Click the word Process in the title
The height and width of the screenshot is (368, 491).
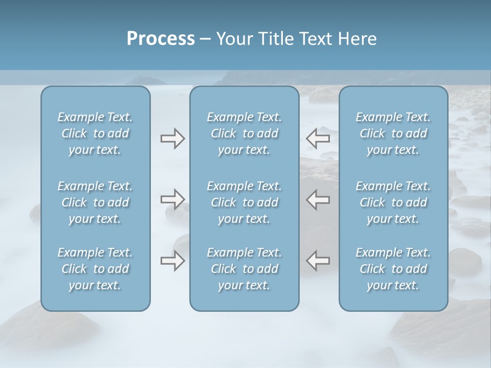click(x=161, y=39)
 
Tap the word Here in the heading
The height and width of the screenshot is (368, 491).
click(x=359, y=39)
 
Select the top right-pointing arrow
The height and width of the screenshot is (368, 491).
click(x=172, y=138)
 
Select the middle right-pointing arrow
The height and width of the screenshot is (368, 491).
click(x=172, y=199)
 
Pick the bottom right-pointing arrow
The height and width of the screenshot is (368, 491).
click(x=172, y=261)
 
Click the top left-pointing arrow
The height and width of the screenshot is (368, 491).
click(x=318, y=138)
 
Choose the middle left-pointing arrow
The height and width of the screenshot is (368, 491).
click(x=318, y=199)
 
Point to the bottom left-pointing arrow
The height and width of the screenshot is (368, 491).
click(x=318, y=261)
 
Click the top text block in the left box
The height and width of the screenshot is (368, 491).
click(x=95, y=133)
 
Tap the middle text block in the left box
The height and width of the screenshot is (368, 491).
click(x=95, y=202)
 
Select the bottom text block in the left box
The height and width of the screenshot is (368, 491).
click(x=95, y=269)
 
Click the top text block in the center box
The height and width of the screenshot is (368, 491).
click(x=244, y=133)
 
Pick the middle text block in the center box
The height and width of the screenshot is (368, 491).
click(x=244, y=202)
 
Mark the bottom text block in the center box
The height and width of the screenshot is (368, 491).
click(x=244, y=269)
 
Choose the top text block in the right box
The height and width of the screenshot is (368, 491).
click(x=393, y=133)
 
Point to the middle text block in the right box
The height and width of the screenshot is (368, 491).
click(x=393, y=202)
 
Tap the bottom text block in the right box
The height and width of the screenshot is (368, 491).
click(x=393, y=269)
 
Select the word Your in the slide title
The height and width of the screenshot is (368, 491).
click(x=232, y=39)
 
